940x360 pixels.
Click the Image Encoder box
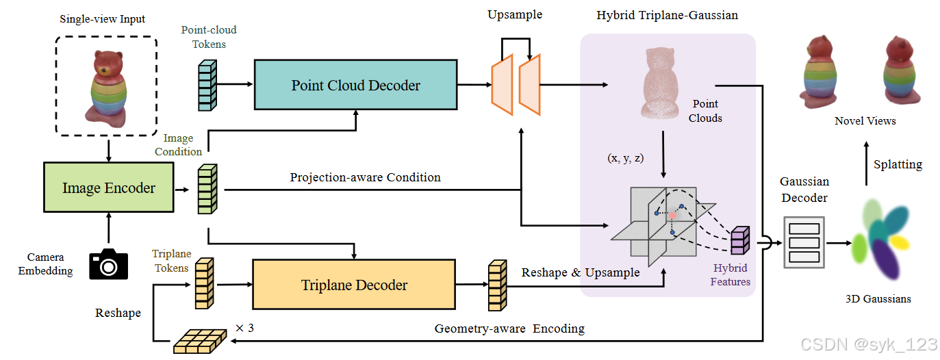tap(109, 188)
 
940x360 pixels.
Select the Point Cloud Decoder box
tap(355, 85)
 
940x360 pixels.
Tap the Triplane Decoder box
tap(354, 285)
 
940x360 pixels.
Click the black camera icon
tap(108, 263)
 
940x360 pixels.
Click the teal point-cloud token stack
tap(207, 85)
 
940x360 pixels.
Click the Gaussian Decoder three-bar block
tap(804, 242)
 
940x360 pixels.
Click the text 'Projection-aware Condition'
tap(365, 177)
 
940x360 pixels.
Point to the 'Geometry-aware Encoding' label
tap(509, 329)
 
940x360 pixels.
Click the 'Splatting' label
tap(898, 164)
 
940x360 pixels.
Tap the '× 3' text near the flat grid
tap(244, 328)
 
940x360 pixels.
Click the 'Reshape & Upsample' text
tap(581, 272)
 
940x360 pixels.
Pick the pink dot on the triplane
tap(673, 215)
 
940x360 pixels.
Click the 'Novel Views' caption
tap(865, 121)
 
